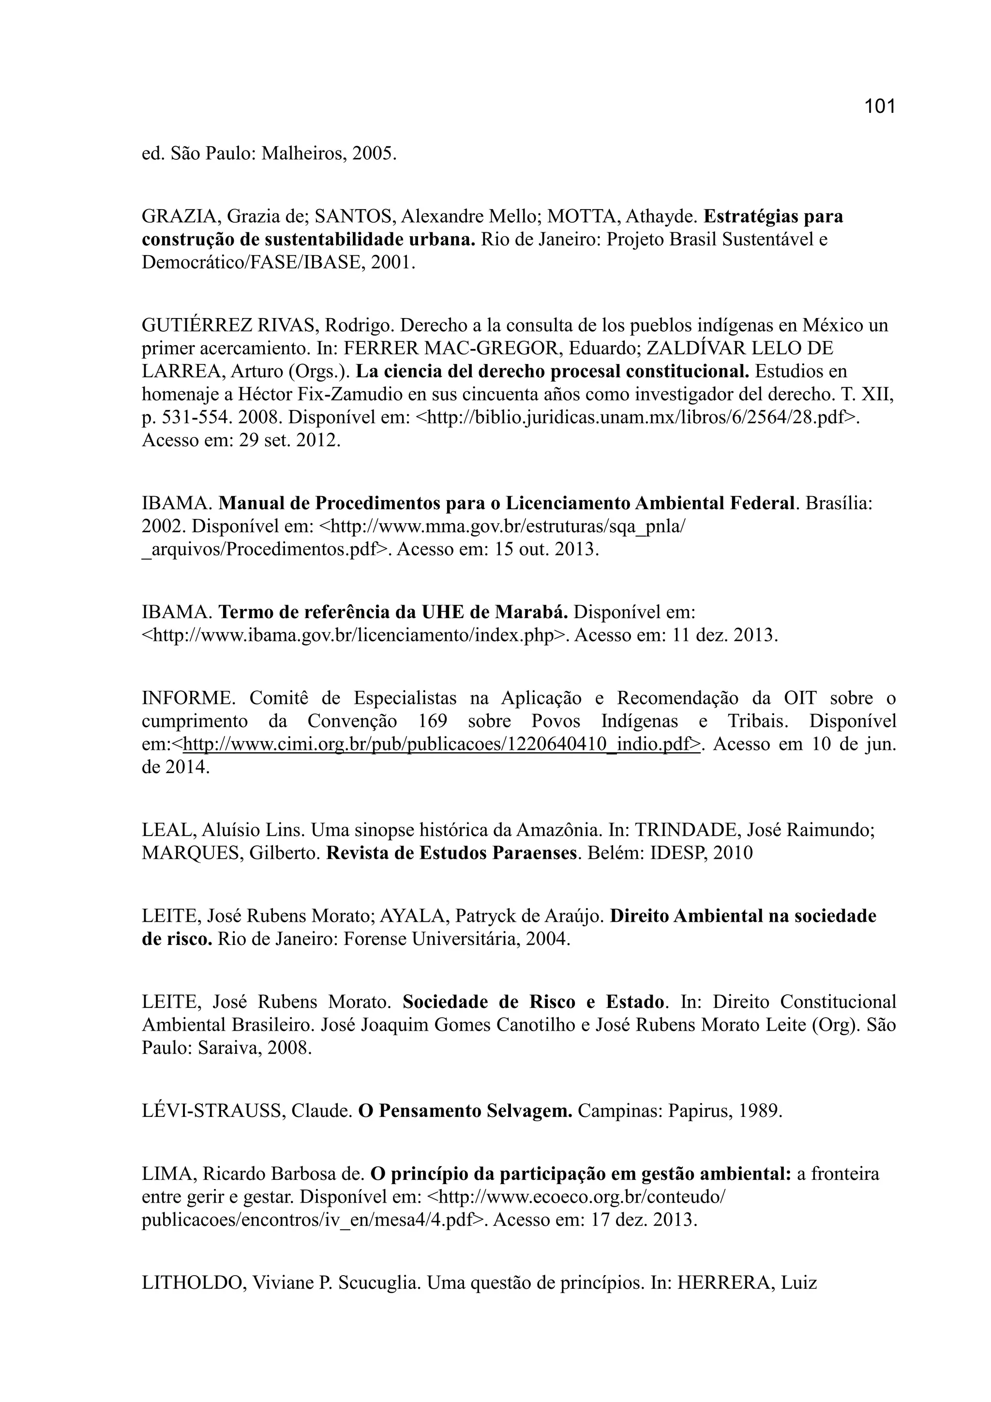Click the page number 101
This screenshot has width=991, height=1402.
(x=879, y=106)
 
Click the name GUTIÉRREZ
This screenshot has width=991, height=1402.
(x=196, y=325)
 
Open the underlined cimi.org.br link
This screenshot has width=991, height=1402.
(x=441, y=745)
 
